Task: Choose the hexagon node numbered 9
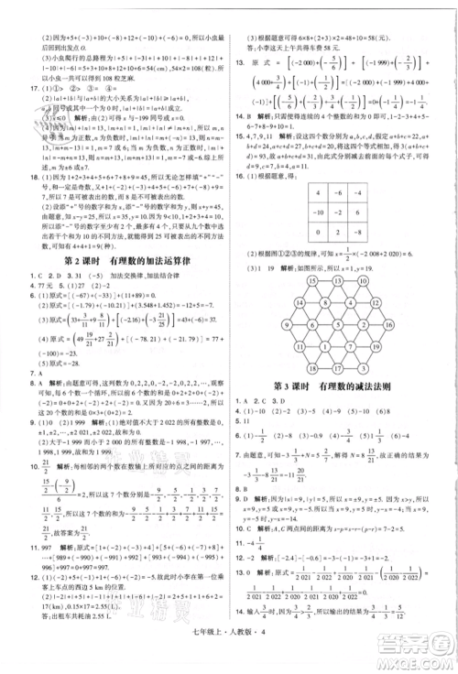click(285, 324)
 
